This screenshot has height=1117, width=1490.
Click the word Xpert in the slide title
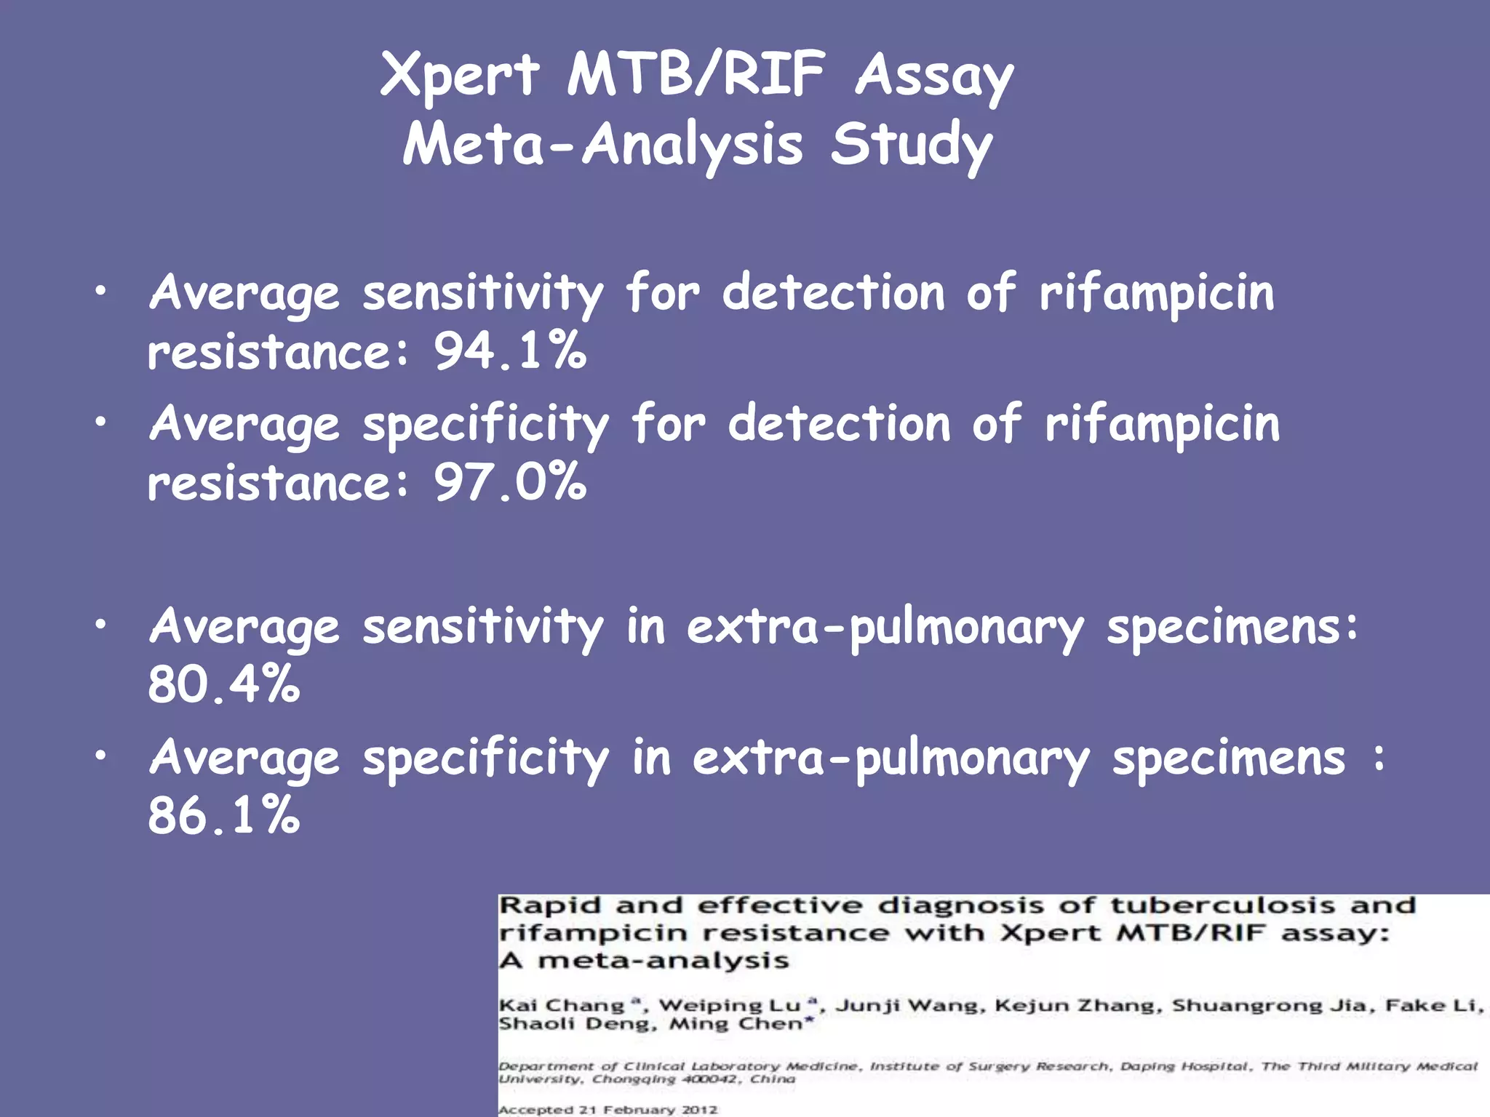pos(460,75)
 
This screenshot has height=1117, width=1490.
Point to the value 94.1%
pos(510,351)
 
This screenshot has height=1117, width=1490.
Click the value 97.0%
pos(510,482)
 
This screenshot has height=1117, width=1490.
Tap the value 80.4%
pos(223,684)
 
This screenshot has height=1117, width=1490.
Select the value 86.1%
pos(223,815)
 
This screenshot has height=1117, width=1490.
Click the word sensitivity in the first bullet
pos(483,294)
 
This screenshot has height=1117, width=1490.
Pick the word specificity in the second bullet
pos(485,425)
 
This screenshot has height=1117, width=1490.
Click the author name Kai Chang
pos(562,1006)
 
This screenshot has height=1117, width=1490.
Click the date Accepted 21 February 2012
pos(608,1110)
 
